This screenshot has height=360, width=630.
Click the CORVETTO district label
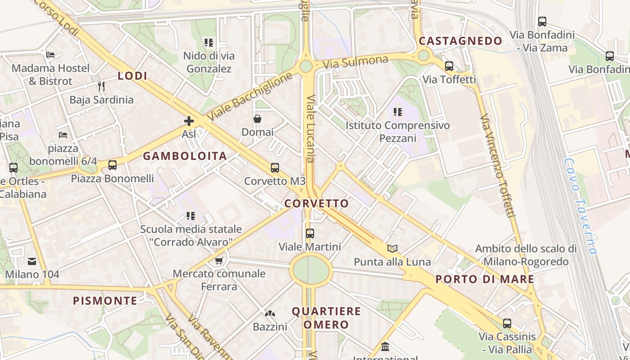click(317, 203)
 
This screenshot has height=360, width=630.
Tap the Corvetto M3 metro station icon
click(275, 168)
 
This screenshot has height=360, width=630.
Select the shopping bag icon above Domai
click(257, 119)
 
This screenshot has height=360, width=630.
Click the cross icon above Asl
click(189, 121)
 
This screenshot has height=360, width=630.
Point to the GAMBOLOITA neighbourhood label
click(185, 156)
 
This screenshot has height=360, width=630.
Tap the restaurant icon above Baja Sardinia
click(101, 86)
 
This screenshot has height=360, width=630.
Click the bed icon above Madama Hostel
click(50, 55)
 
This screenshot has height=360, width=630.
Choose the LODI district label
click(132, 76)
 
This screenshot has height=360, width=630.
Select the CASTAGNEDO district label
click(460, 41)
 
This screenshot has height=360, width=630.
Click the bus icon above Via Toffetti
click(449, 66)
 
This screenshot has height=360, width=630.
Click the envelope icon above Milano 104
click(32, 261)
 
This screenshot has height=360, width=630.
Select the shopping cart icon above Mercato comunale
click(219, 261)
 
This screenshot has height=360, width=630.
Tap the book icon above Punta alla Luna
click(392, 248)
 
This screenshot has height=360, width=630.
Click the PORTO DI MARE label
click(485, 279)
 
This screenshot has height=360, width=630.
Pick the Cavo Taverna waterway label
click(580, 206)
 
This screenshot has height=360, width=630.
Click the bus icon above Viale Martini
click(310, 234)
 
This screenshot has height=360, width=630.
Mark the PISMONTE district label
click(105, 301)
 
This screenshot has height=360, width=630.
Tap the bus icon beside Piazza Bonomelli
click(112, 165)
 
